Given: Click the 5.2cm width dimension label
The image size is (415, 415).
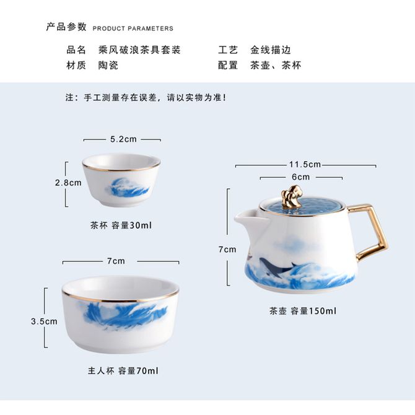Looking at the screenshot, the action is (x=123, y=139).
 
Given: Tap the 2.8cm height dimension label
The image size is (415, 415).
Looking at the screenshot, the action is (x=68, y=183).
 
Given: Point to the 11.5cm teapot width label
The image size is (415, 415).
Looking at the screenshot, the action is (x=305, y=164).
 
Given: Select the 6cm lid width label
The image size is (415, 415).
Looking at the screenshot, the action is (x=300, y=177).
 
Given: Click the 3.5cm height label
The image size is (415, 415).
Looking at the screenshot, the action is (x=44, y=321).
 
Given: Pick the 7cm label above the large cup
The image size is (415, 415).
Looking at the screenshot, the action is (x=116, y=261).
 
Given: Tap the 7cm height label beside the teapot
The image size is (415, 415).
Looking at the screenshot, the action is (x=227, y=250).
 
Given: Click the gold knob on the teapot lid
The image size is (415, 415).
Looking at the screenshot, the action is (x=292, y=196).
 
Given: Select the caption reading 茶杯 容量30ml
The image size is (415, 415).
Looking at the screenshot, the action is (x=121, y=225).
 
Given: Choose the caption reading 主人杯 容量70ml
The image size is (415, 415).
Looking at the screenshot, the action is (x=123, y=371).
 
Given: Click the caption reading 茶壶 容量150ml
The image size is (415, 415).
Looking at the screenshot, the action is (x=303, y=311).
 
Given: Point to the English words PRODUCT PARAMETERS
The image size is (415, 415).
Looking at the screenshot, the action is (x=133, y=28).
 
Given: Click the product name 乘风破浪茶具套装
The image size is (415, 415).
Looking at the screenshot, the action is (x=139, y=50).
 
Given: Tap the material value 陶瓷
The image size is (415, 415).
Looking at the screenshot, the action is (x=108, y=65).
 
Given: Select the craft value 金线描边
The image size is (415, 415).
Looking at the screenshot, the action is (x=271, y=50).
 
